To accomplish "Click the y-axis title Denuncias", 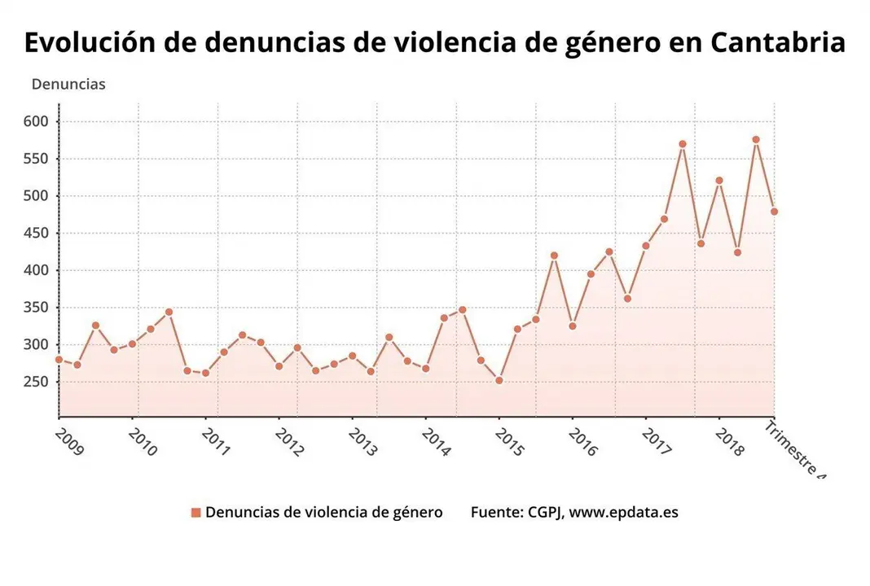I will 68,84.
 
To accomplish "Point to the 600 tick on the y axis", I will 37,121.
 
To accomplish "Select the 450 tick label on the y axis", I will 37,233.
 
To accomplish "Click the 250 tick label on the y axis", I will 37,382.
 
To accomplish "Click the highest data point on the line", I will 756,140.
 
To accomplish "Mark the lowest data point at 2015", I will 499,380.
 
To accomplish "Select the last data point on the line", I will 774,212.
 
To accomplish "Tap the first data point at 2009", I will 59,359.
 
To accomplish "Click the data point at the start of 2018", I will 719,181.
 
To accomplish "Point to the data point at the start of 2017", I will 646,246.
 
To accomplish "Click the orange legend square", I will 196,513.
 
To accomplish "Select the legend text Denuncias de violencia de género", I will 323,513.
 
